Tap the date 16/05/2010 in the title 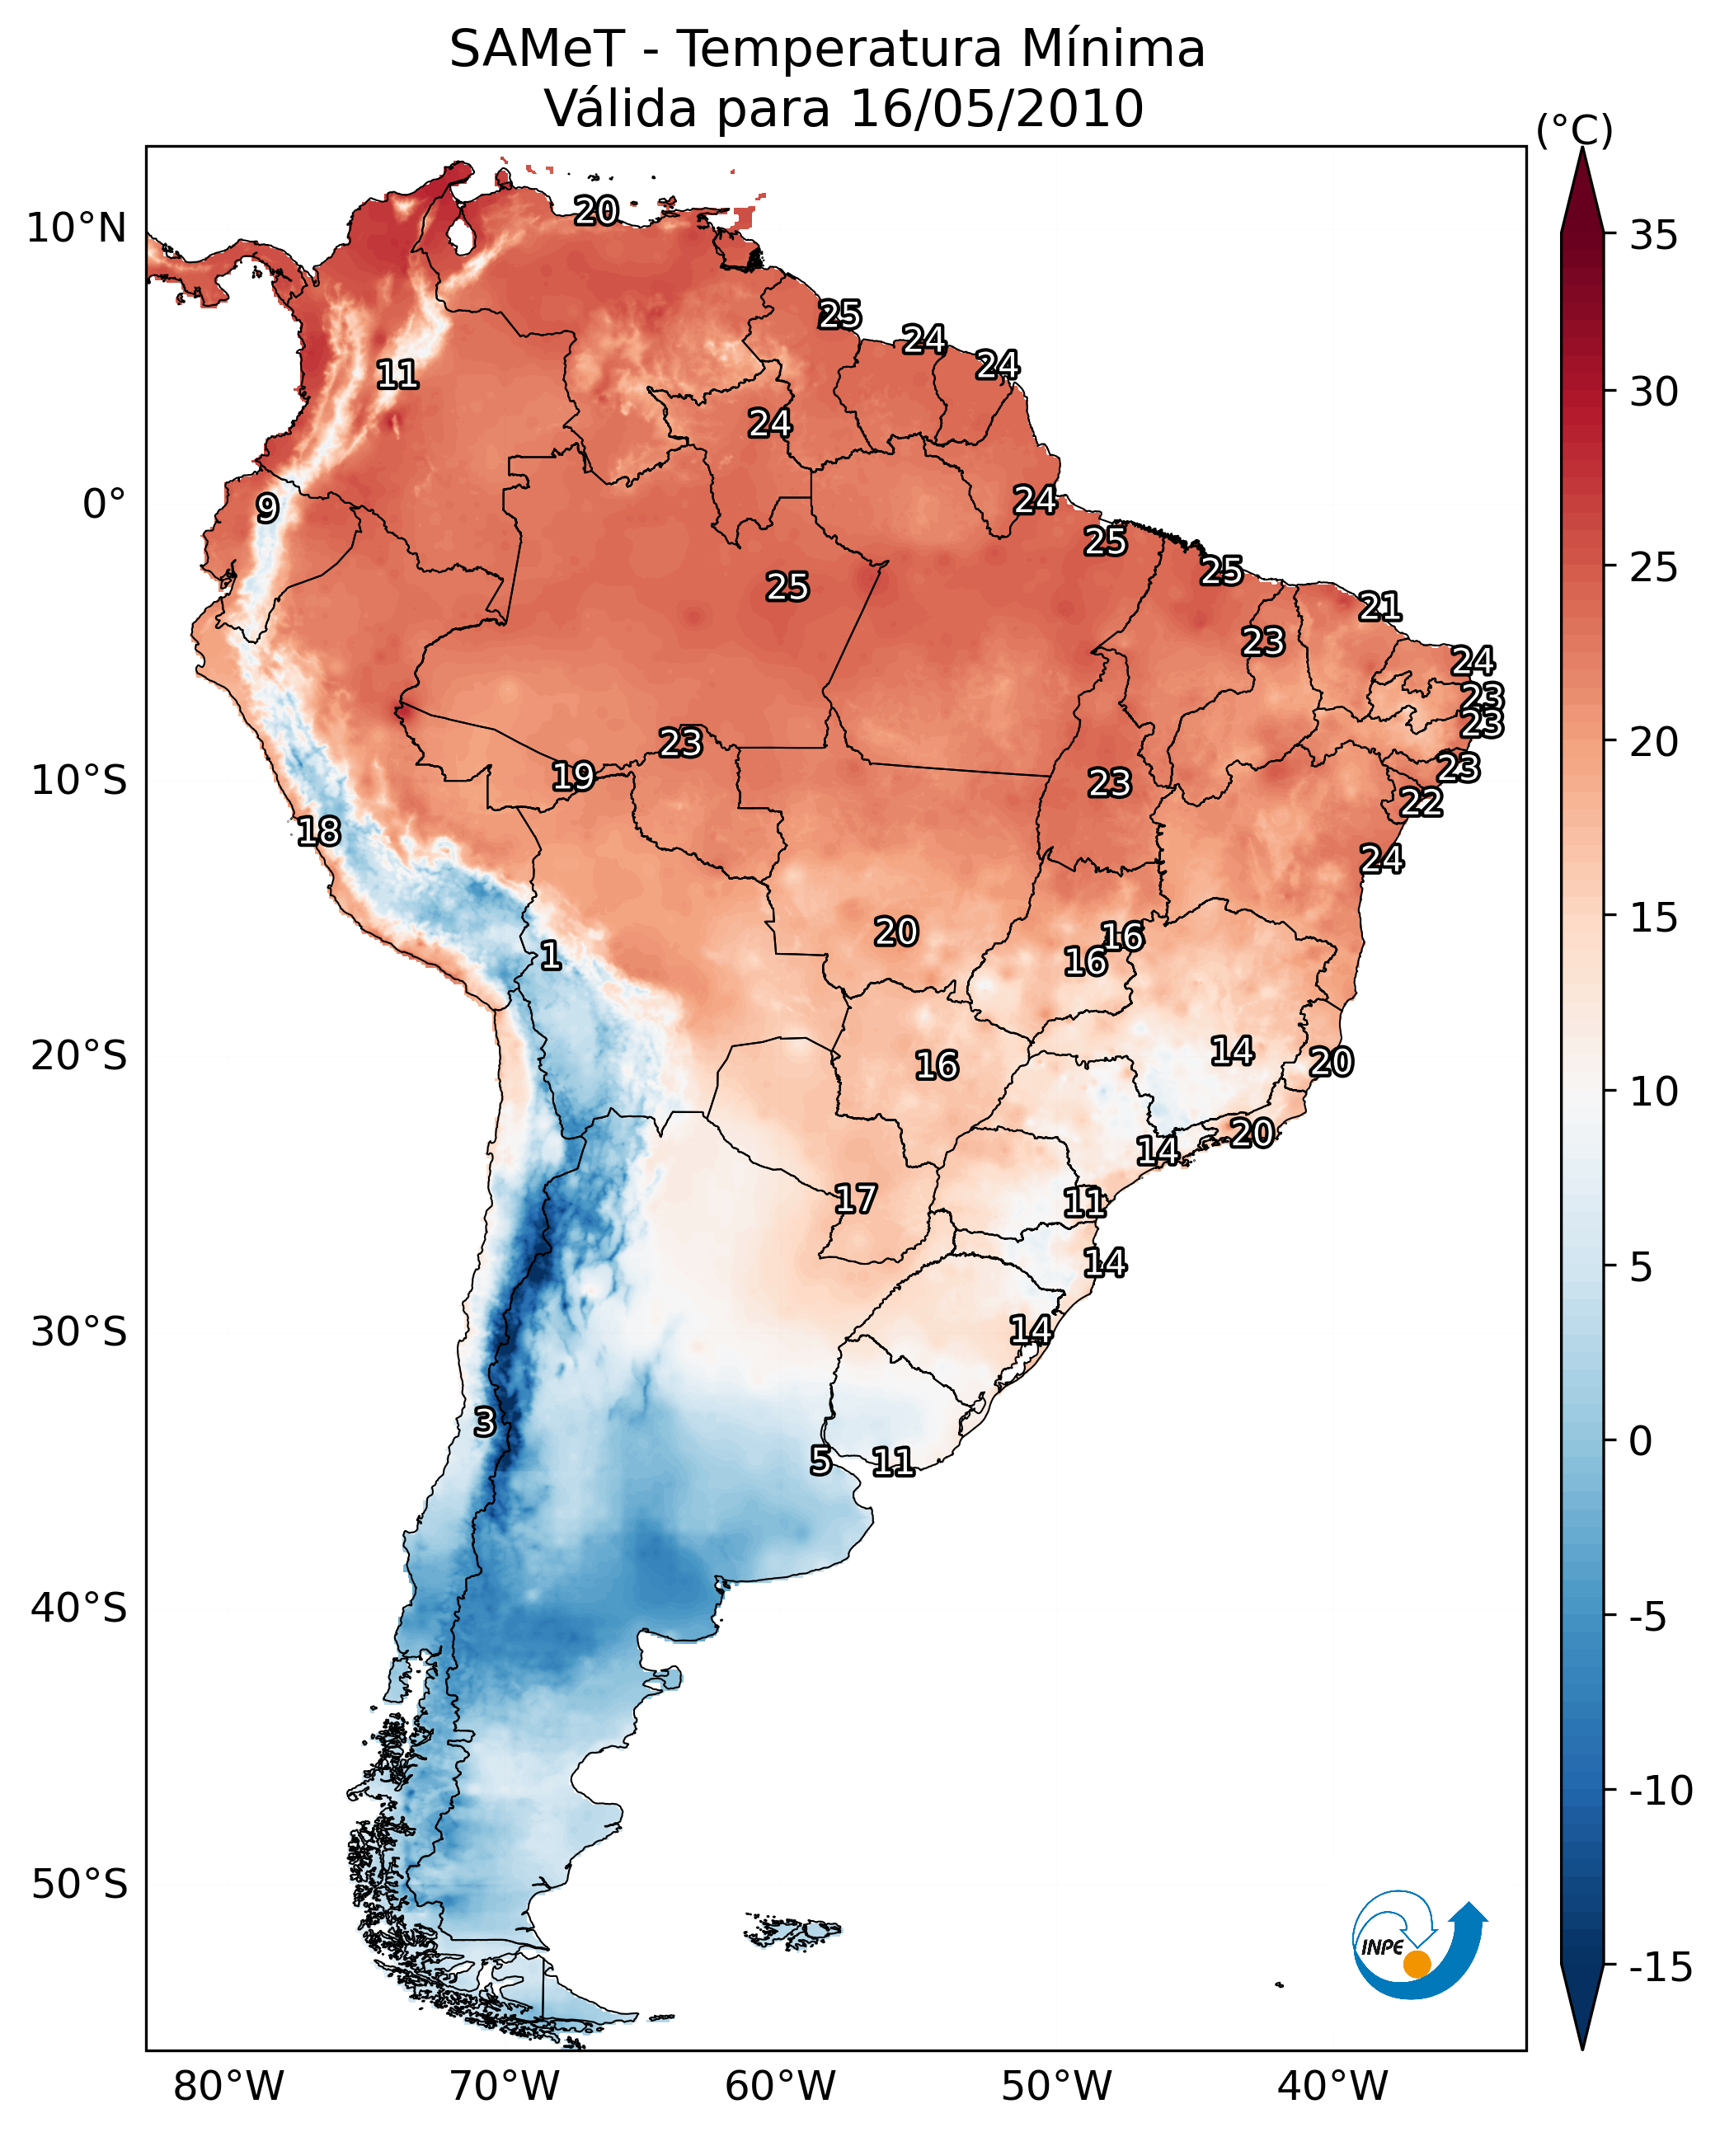[997, 109]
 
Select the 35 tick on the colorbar [1653, 236]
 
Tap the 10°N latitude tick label [77, 229]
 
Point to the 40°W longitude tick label [1332, 2086]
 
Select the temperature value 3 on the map [483, 1423]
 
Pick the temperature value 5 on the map [820, 1460]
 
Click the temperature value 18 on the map [319, 831]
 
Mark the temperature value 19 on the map [573, 776]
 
